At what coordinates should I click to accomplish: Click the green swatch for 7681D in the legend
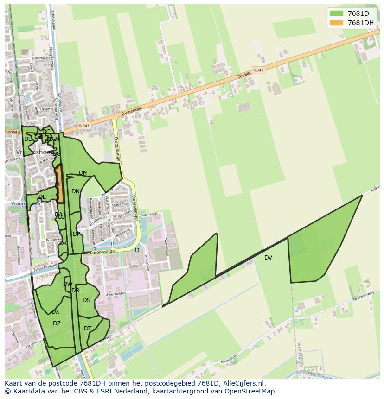tap(337, 14)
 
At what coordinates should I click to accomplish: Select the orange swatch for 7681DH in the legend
tap(337, 23)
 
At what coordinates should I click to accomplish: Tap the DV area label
tap(268, 258)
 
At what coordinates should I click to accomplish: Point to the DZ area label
tap(57, 323)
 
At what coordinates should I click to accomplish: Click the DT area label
tap(88, 329)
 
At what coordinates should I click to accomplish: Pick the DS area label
tap(86, 300)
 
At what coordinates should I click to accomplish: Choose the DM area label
tap(83, 173)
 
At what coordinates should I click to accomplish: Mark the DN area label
tap(76, 191)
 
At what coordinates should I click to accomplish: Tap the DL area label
tap(42, 197)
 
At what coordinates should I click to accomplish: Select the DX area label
tap(55, 312)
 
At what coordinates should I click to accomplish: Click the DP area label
tap(77, 234)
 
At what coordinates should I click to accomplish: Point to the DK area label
tap(64, 243)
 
